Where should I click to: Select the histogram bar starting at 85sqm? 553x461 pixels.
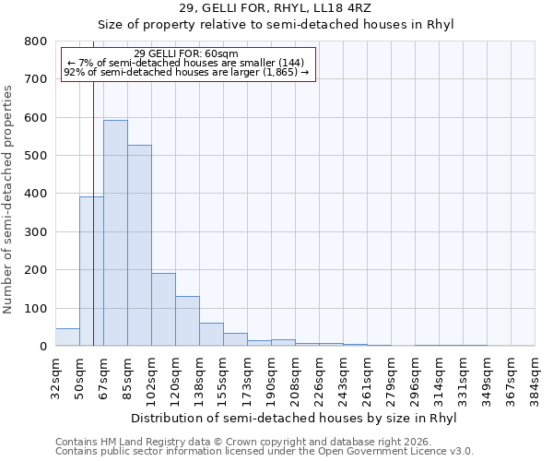(x=139, y=245)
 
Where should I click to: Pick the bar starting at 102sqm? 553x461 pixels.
(x=163, y=310)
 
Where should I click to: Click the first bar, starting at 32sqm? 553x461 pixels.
(x=67, y=337)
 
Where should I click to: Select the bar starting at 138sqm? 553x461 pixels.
(x=211, y=335)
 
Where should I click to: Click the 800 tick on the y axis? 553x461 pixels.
(x=35, y=41)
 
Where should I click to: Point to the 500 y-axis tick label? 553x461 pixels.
(x=35, y=156)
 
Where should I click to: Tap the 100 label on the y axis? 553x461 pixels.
(x=35, y=308)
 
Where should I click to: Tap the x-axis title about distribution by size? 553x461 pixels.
(x=294, y=418)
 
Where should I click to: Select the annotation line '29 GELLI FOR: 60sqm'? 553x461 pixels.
(x=186, y=53)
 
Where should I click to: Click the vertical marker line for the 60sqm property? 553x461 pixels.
(x=94, y=212)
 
